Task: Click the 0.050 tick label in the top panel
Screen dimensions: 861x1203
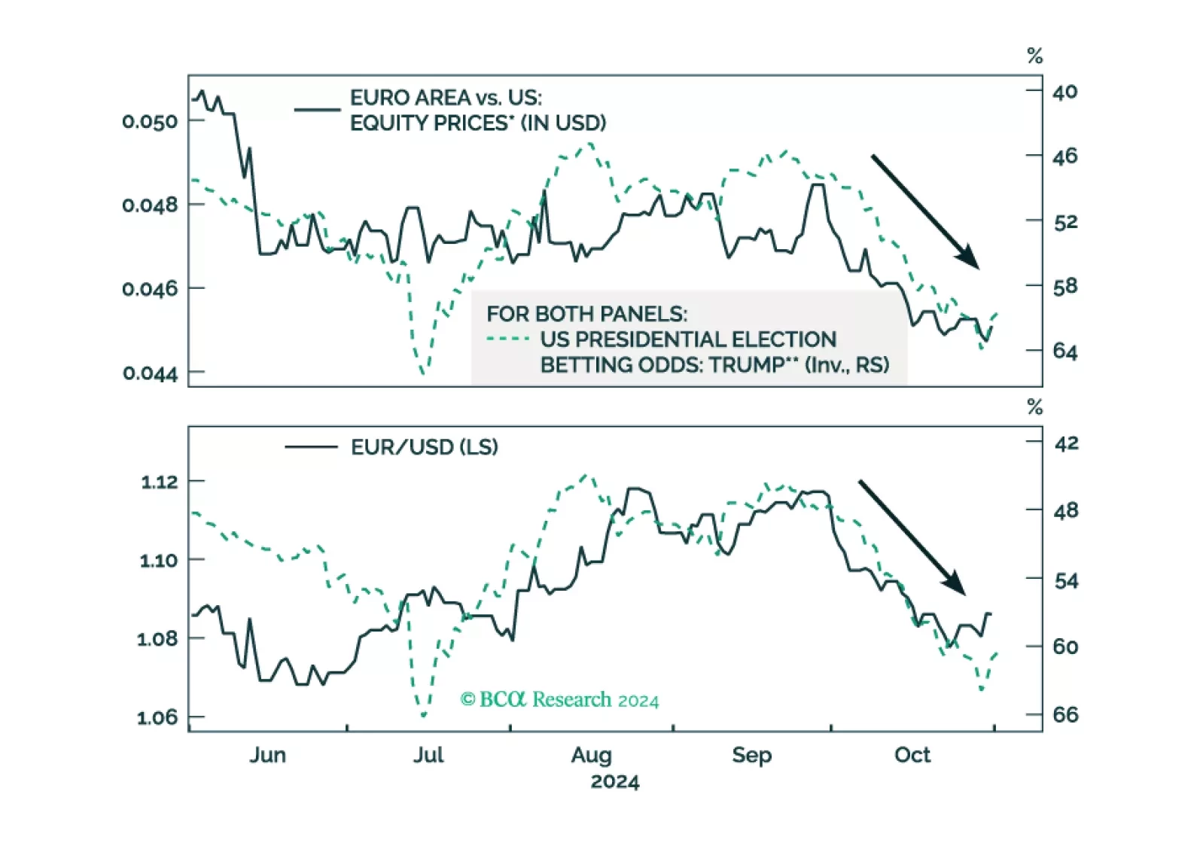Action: coord(150,121)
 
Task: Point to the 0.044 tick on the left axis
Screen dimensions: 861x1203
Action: coord(150,373)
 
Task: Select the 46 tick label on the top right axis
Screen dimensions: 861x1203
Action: coord(1064,157)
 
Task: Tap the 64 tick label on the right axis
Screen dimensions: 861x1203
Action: coord(1064,351)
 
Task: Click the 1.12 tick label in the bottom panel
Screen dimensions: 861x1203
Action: coord(159,482)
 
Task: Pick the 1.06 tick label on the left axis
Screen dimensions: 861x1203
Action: coord(157,717)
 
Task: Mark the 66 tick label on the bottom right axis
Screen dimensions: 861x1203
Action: coord(1065,714)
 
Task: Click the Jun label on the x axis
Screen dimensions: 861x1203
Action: coord(267,755)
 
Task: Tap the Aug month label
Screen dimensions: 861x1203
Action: coord(591,755)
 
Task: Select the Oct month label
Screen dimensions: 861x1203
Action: coord(912,755)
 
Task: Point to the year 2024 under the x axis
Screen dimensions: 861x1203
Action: coord(614,782)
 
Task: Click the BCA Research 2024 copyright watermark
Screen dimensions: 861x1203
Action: coord(559,700)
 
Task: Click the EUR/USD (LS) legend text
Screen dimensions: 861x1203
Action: coord(424,447)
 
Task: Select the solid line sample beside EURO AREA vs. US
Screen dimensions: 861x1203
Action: coord(317,110)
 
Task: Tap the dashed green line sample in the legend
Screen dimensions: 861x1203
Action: coord(508,339)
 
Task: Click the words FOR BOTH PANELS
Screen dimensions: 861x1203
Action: coord(586,314)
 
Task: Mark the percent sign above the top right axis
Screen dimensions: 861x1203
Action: coord(1034,56)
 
